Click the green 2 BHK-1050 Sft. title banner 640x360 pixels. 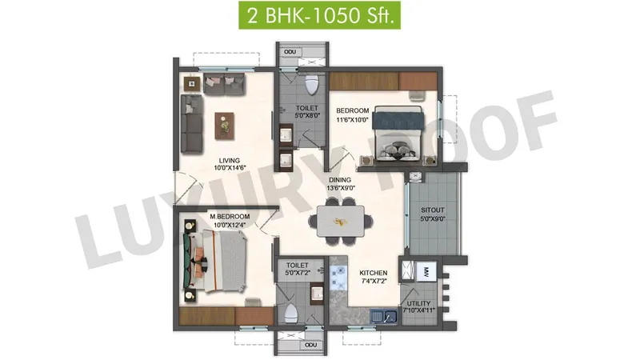[x=319, y=15]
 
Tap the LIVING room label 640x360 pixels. [x=229, y=161]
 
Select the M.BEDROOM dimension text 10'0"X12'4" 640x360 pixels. [x=230, y=225]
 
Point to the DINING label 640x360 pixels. [x=340, y=180]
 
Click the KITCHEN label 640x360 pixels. [x=374, y=273]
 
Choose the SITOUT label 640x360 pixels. [x=433, y=210]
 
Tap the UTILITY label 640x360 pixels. [x=418, y=304]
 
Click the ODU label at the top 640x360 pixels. [x=290, y=52]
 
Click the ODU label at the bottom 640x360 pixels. [x=311, y=345]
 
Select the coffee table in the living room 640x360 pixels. [x=225, y=126]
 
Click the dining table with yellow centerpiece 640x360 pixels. [x=341, y=222]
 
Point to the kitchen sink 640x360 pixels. [x=384, y=317]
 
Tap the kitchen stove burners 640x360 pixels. [x=338, y=277]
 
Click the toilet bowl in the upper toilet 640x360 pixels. [x=312, y=84]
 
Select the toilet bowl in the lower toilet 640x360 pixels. [x=290, y=314]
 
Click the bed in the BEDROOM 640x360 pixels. [x=398, y=133]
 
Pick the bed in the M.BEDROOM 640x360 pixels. [x=214, y=262]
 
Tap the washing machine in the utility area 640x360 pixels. [x=426, y=271]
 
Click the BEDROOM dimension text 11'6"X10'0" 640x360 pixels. [x=353, y=120]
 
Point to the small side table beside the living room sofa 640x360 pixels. [x=192, y=84]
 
